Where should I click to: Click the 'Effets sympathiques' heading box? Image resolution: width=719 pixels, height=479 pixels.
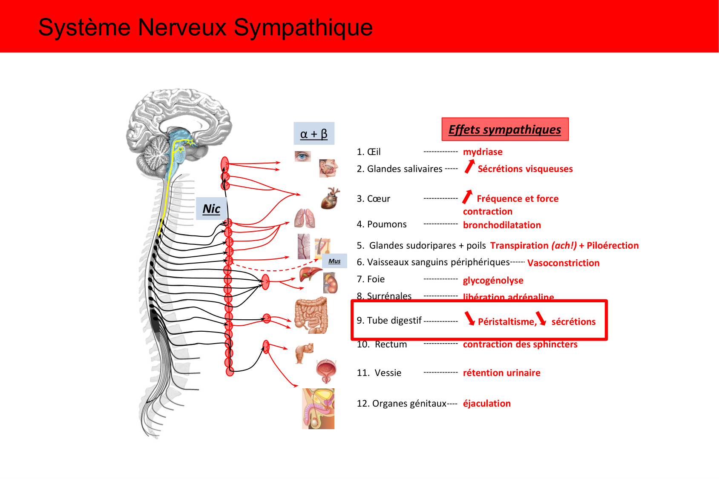click(x=505, y=129)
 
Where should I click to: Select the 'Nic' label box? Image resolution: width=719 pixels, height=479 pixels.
click(x=211, y=209)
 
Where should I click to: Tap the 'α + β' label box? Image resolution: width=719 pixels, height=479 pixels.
click(x=314, y=134)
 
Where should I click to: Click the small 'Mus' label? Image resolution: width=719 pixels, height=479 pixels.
click(x=334, y=261)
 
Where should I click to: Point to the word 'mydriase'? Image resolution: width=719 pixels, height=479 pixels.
click(x=483, y=152)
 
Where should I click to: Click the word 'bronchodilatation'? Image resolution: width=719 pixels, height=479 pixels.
click(x=502, y=225)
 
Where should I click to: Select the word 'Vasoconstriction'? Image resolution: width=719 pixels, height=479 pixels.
click(x=563, y=263)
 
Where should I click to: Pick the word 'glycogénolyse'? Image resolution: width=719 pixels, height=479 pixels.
click(x=493, y=280)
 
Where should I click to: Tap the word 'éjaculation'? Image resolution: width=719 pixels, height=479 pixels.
click(x=486, y=403)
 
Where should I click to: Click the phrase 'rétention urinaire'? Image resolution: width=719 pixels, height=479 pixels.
click(x=501, y=373)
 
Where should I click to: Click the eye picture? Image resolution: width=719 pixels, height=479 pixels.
click(x=302, y=157)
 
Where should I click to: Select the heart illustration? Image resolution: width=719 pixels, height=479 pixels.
click(x=331, y=198)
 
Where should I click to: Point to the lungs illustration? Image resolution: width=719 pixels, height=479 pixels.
click(x=305, y=218)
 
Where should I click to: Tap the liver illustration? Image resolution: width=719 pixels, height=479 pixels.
click(x=310, y=274)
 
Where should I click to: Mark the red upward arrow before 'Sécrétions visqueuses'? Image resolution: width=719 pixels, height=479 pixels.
click(x=469, y=166)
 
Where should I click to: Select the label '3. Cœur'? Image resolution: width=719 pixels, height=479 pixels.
click(x=373, y=199)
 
